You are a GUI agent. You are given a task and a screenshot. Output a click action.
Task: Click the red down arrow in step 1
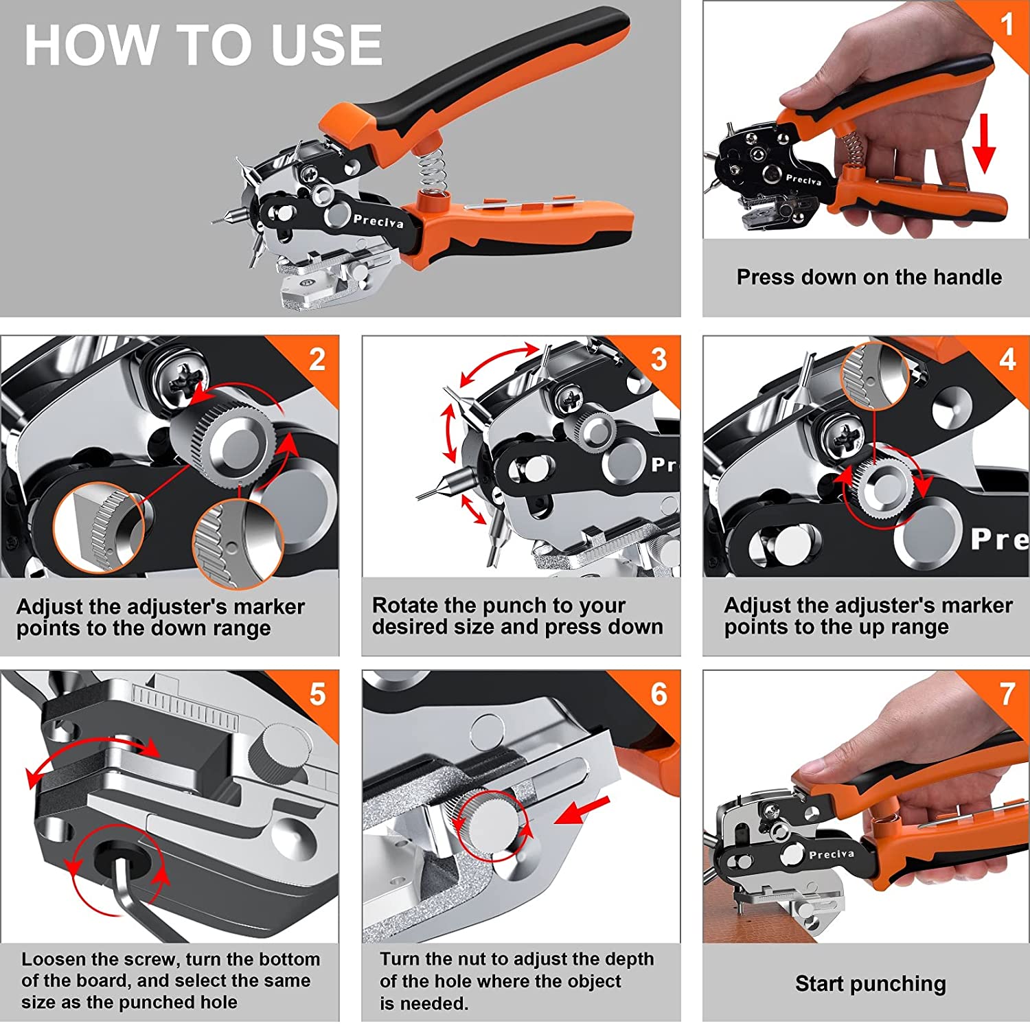coord(984,144)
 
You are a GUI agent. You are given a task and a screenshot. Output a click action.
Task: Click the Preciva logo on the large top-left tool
coord(378,221)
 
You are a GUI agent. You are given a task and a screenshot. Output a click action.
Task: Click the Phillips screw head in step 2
coord(182,376)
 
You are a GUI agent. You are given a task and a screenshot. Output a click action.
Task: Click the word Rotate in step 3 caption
coord(404,605)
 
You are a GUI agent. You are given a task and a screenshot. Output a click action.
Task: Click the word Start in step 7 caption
coord(821,983)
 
